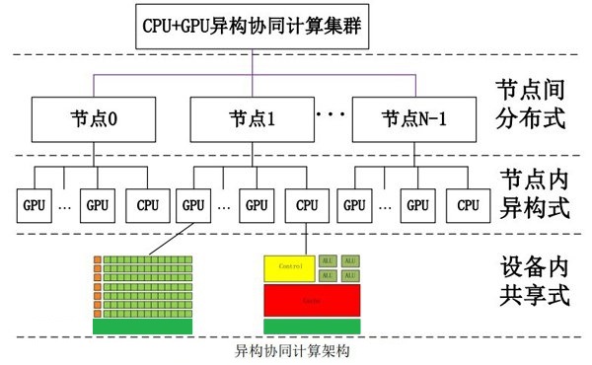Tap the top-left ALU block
(328, 260)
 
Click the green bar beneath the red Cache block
(310, 326)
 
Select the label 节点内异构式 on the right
(533, 192)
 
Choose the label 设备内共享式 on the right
(533, 281)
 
